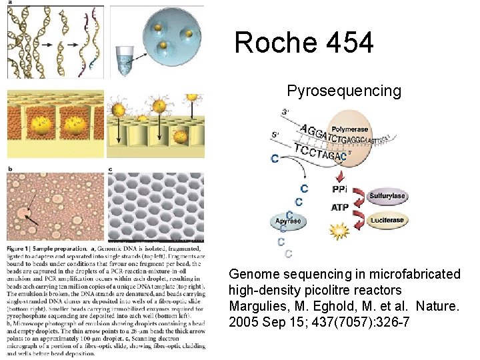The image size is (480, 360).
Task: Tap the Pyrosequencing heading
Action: (344, 91)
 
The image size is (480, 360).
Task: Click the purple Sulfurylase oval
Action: (387, 197)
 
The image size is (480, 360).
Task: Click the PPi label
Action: (339, 189)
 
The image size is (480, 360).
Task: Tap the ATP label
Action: (339, 207)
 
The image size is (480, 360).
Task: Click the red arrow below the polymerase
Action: (342, 175)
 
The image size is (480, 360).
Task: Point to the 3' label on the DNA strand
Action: (286, 112)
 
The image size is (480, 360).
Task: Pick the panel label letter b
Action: (10, 169)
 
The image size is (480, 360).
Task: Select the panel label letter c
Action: (110, 169)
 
